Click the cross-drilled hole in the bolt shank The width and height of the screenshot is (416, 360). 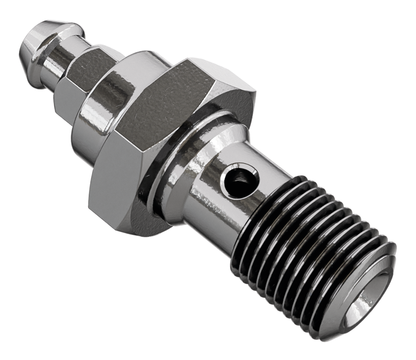240,181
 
